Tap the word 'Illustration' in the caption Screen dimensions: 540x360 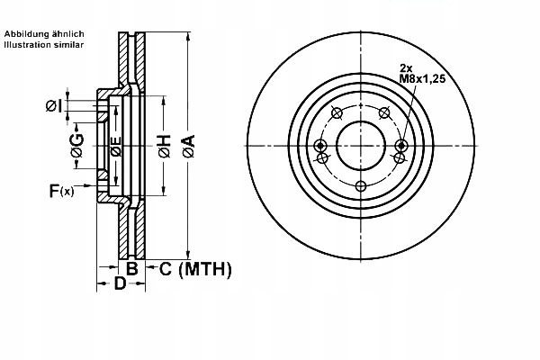[x=28, y=43]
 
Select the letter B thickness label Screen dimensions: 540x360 [x=131, y=268]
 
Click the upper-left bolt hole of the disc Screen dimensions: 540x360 [x=337, y=112]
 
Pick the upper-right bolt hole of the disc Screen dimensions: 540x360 [x=385, y=112]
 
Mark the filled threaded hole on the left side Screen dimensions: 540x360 [x=320, y=146]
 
